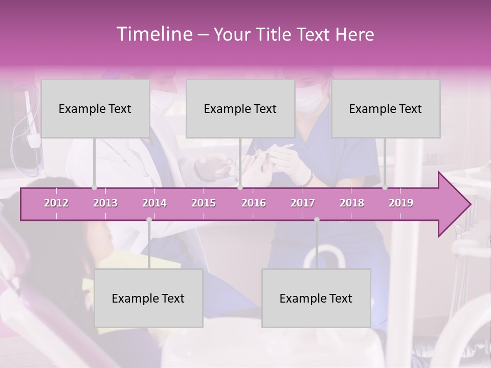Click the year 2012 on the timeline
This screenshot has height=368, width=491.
pyautogui.click(x=56, y=203)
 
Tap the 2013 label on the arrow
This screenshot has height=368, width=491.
pyautogui.click(x=105, y=203)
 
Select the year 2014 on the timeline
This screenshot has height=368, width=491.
pyautogui.click(x=154, y=203)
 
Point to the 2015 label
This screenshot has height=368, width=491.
pyautogui.click(x=204, y=203)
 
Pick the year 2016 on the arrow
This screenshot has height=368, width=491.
pyautogui.click(x=254, y=203)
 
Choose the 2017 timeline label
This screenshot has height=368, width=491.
pyautogui.click(x=303, y=203)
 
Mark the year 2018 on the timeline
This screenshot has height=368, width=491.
pyautogui.click(x=352, y=203)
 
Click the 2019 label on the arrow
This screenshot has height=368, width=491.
pyautogui.click(x=401, y=203)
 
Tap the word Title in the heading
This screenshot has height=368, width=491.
pyautogui.click(x=276, y=35)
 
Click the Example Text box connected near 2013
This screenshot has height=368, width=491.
pyautogui.click(x=95, y=108)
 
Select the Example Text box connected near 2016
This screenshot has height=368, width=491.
pyautogui.click(x=240, y=108)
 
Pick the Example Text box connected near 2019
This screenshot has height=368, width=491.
pyautogui.click(x=386, y=108)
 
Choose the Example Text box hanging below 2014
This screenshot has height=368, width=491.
pyautogui.click(x=148, y=298)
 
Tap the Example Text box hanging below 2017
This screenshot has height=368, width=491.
pyautogui.click(x=316, y=298)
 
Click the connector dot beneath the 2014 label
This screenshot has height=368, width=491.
pyautogui.click(x=149, y=220)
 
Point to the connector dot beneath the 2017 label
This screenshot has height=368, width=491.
pyautogui.click(x=317, y=220)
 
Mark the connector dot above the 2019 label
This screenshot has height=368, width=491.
pyautogui.click(x=385, y=188)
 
